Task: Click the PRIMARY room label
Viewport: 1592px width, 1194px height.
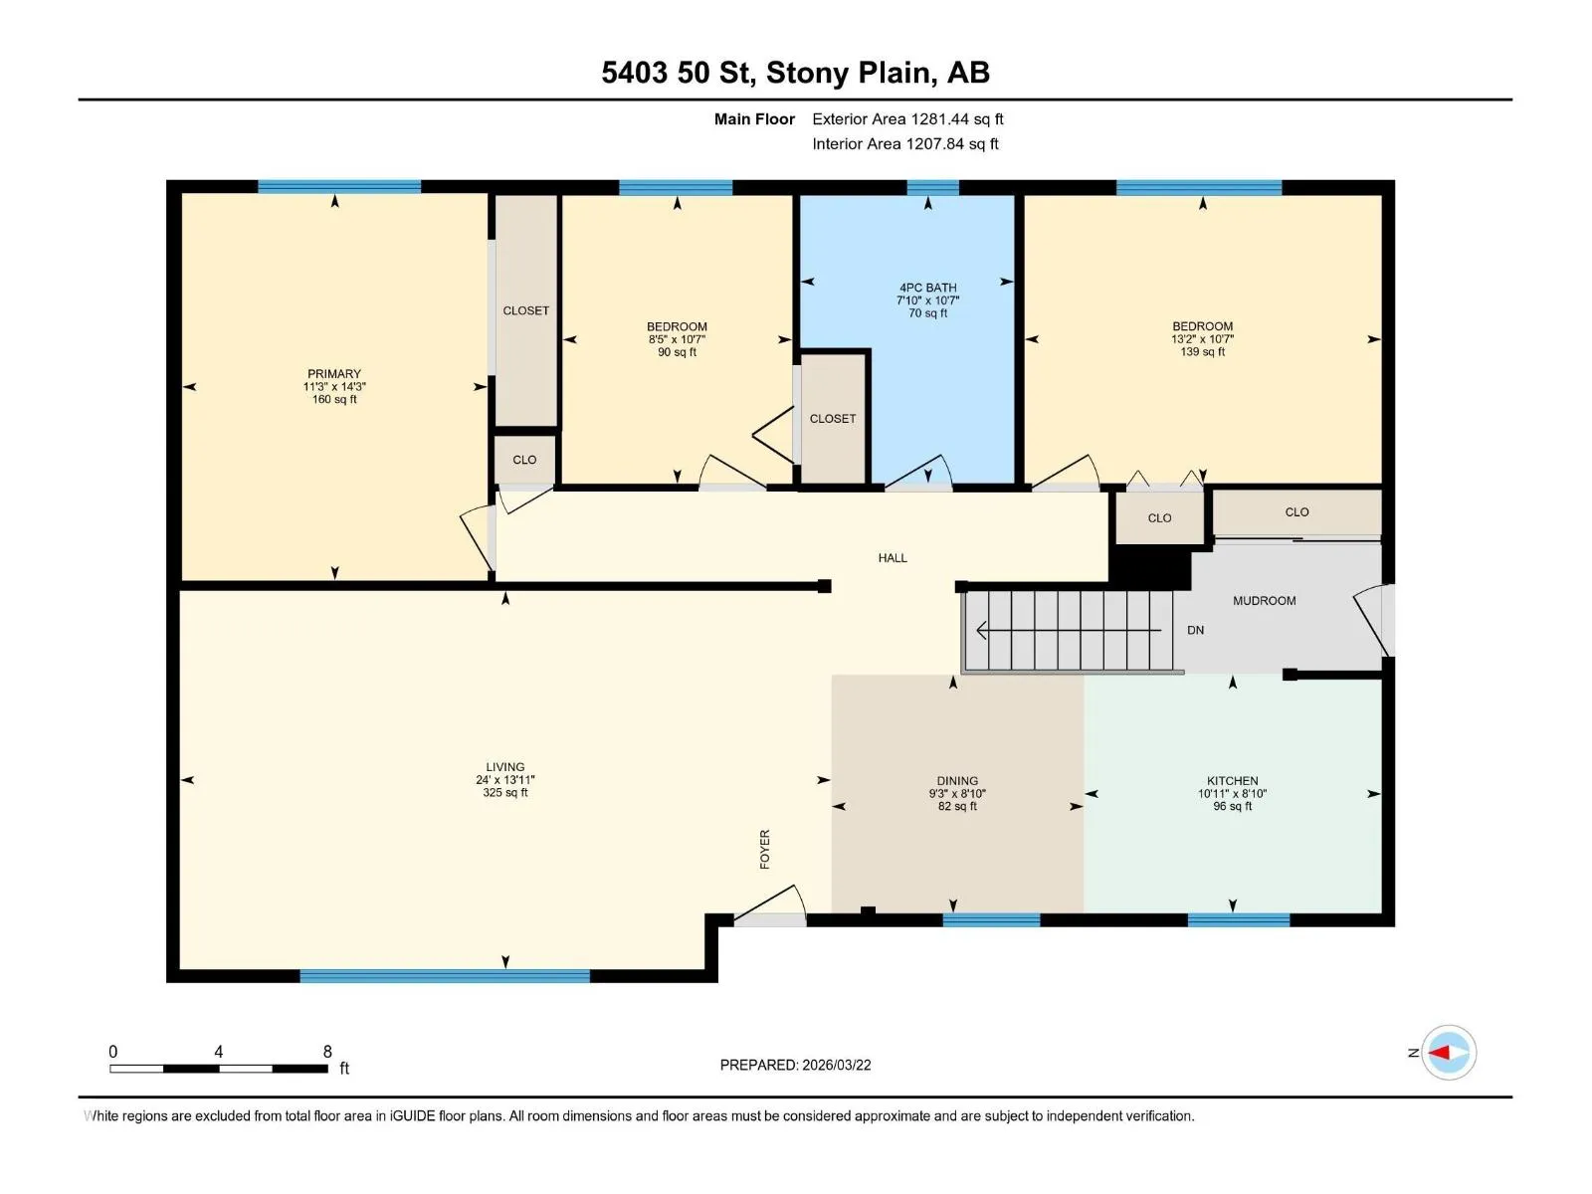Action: coord(333,373)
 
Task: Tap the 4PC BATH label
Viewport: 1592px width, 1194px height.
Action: coord(927,288)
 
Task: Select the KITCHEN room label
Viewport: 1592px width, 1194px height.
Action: coord(1232,781)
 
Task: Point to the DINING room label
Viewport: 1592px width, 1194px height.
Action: coord(957,781)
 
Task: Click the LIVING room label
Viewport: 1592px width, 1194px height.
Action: coord(504,767)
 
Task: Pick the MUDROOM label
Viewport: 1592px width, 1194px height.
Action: coord(1265,600)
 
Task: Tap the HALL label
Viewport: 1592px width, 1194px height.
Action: coord(893,557)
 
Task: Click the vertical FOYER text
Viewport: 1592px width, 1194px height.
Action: coord(764,849)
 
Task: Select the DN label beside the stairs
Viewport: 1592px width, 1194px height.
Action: coord(1195,630)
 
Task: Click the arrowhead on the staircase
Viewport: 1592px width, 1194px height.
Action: coord(982,630)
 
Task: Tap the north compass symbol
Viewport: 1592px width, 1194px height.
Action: coord(1448,1052)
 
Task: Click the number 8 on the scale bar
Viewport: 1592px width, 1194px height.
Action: coord(327,1051)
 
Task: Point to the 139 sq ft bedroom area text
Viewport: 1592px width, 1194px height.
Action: coord(1202,351)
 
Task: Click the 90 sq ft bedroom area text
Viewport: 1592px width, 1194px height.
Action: coord(677,352)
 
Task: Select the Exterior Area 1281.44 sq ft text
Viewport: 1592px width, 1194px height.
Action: coord(907,118)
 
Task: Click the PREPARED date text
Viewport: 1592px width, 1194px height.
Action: coord(795,1065)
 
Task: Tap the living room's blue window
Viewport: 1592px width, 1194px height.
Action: coord(445,975)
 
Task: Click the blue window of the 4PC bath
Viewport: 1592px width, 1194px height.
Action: coord(932,187)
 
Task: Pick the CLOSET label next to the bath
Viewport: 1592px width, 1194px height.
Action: coord(832,418)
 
